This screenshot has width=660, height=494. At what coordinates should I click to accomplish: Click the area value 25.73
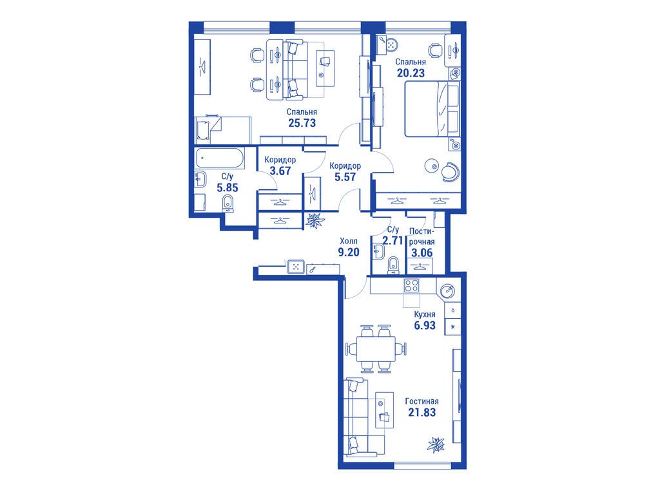(302, 123)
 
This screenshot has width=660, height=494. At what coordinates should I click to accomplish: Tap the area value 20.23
(411, 73)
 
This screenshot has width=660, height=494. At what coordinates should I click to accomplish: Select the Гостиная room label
(422, 401)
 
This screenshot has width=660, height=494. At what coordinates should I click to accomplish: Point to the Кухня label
(425, 314)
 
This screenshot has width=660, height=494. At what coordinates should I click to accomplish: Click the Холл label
(349, 241)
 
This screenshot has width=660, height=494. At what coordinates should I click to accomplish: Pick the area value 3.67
(280, 171)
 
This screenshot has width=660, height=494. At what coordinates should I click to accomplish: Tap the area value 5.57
(345, 176)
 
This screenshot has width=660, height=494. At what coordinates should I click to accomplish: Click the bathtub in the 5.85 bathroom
(220, 158)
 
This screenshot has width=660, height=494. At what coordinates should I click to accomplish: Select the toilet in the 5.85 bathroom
(229, 204)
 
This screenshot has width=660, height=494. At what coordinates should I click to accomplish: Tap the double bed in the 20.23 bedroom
(432, 109)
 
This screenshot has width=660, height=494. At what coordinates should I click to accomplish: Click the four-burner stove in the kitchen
(411, 286)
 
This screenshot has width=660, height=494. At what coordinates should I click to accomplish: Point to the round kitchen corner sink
(447, 290)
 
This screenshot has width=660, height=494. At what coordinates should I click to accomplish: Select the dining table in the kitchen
(376, 349)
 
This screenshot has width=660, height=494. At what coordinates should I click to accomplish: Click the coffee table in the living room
(384, 410)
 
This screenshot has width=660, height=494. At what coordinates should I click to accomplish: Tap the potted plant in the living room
(436, 444)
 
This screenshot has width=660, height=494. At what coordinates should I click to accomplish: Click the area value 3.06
(422, 252)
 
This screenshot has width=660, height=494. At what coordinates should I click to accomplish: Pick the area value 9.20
(349, 252)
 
